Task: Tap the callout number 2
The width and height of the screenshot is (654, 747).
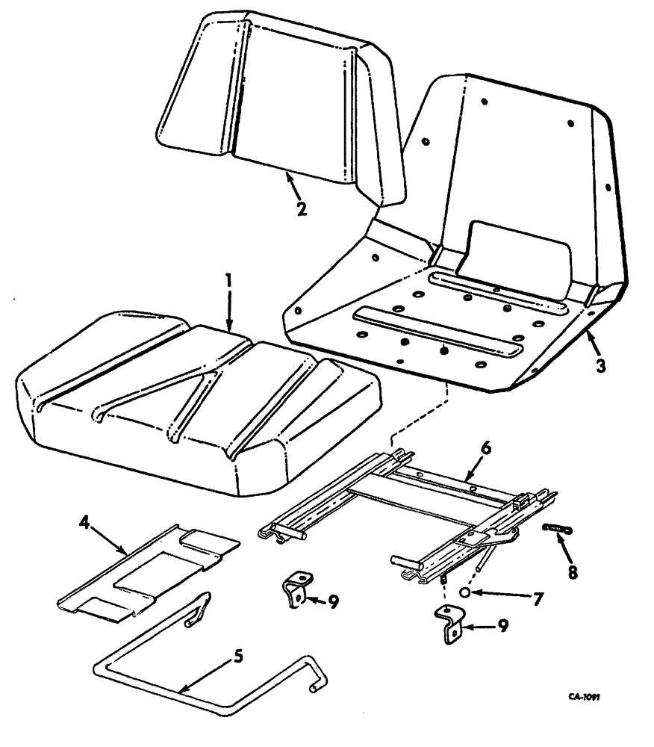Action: click(300, 208)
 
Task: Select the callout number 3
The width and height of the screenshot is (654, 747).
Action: click(602, 367)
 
